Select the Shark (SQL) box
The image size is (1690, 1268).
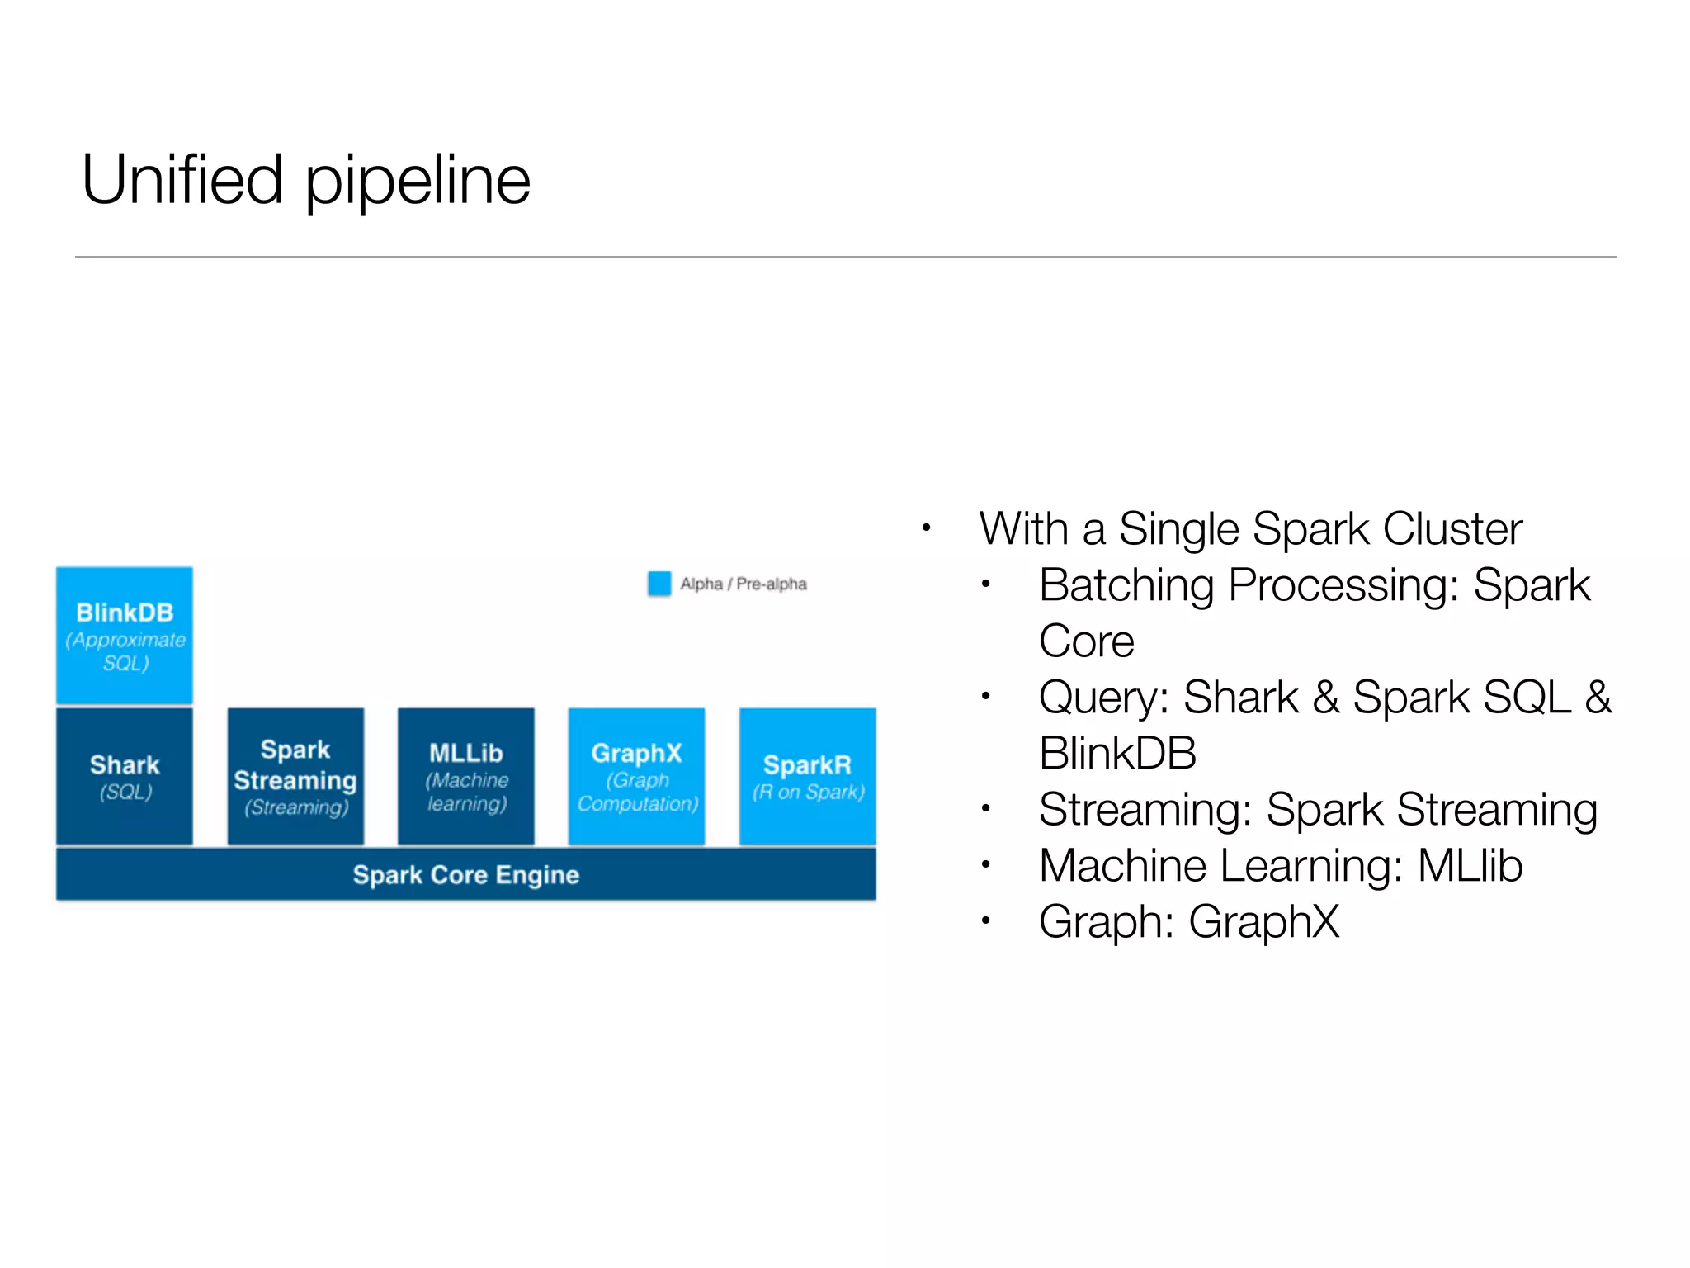coord(125,776)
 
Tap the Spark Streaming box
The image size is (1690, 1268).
coord(295,776)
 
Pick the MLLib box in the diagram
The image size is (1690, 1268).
coord(466,776)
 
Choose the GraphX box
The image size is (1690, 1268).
coord(637,776)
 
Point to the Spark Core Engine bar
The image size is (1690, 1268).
coord(466,874)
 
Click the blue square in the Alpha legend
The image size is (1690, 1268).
coord(659,584)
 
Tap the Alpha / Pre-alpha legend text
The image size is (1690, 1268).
coord(744,584)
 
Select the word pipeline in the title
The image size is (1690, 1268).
coord(418,182)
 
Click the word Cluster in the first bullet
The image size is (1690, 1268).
coord(1452,529)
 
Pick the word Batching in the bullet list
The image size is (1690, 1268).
coord(1126,586)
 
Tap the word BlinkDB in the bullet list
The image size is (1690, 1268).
coord(1117,753)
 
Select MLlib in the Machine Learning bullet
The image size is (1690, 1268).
coord(1470,866)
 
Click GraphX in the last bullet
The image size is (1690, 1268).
coord(1263,922)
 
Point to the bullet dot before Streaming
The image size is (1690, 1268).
coord(985,809)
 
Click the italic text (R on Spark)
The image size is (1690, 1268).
coord(808,792)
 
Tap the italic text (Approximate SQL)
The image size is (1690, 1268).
coord(125,651)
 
